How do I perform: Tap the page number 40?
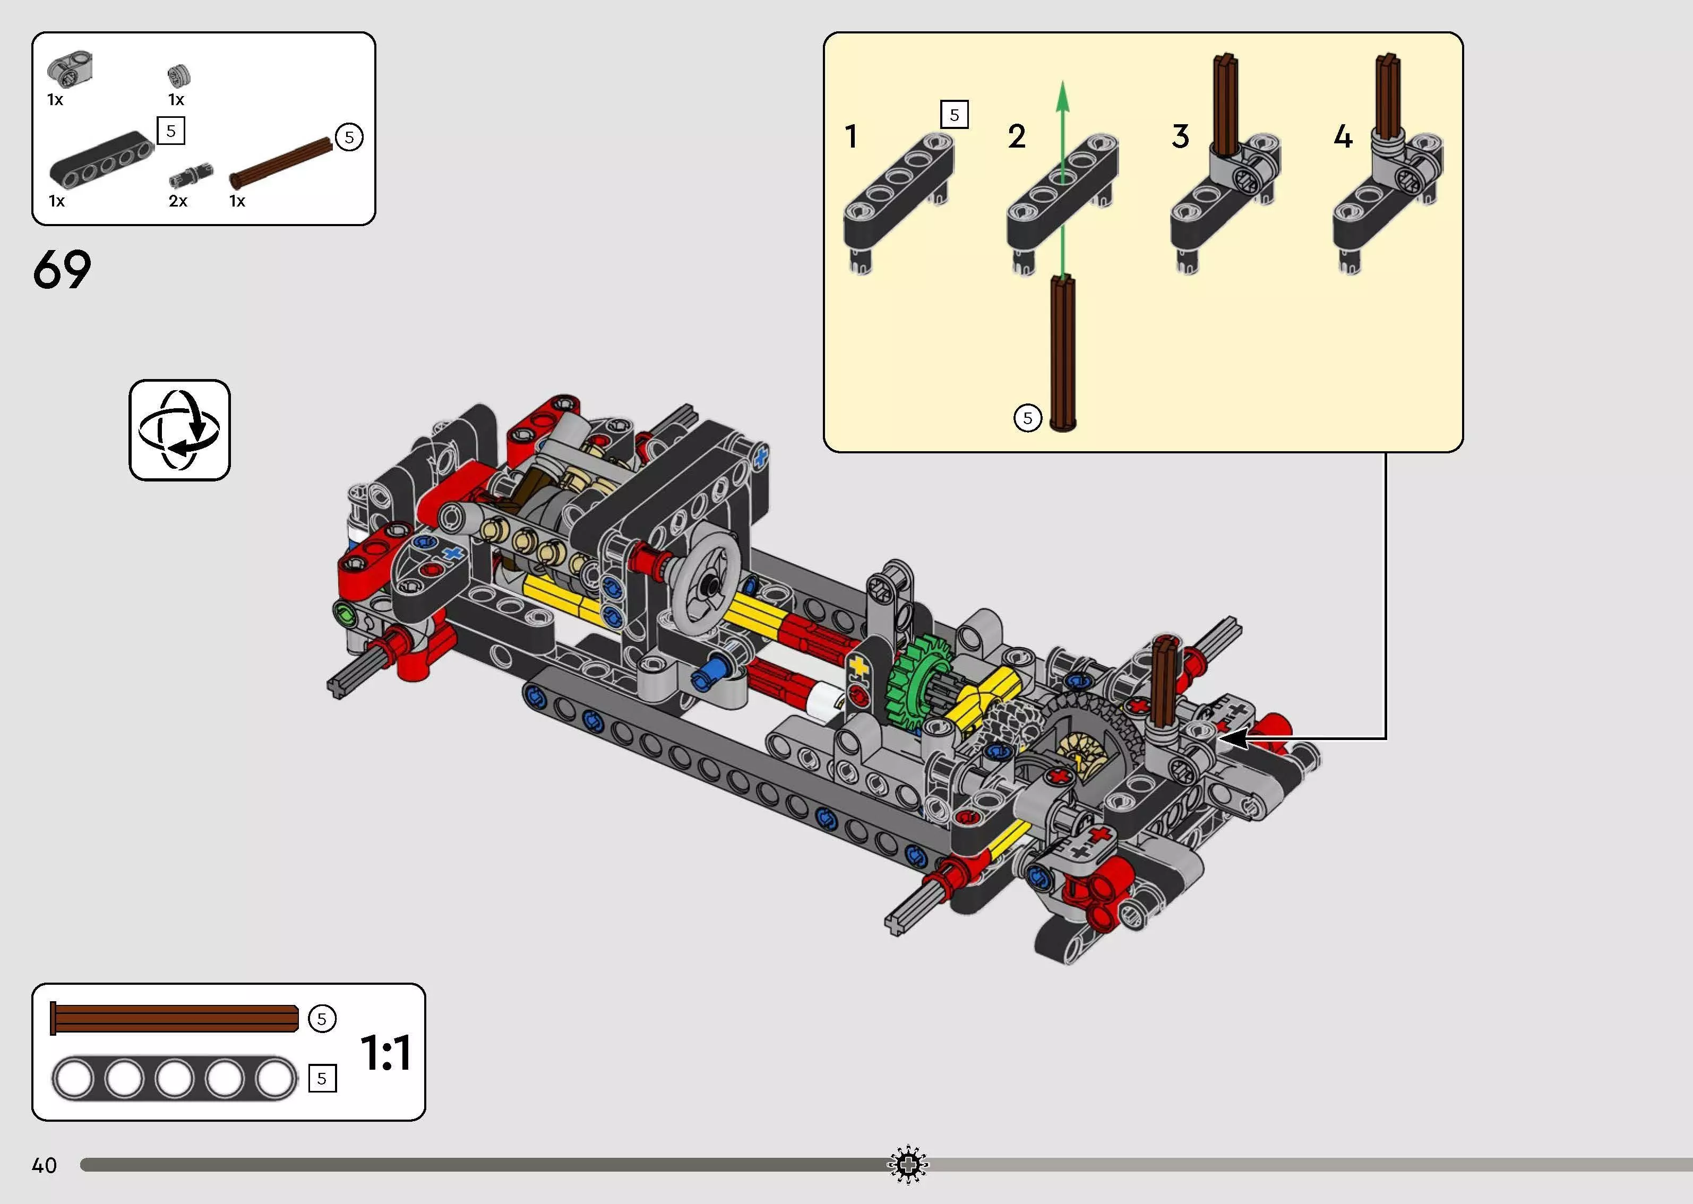click(x=45, y=1165)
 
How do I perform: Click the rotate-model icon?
click(x=179, y=430)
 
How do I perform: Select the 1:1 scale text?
click(x=385, y=1053)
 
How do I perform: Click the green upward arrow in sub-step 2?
click(x=1063, y=178)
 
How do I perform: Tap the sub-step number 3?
click(x=1181, y=136)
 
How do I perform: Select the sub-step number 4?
click(x=1343, y=136)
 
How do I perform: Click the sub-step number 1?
click(x=852, y=136)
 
